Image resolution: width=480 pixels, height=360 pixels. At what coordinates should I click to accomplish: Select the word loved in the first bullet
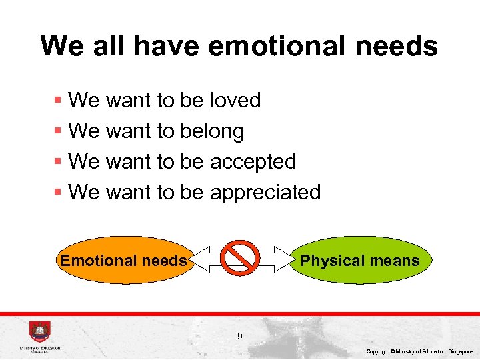click(x=235, y=101)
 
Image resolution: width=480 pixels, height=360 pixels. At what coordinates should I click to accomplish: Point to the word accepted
click(x=253, y=162)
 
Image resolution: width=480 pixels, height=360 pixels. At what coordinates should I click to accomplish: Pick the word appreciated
click(x=265, y=193)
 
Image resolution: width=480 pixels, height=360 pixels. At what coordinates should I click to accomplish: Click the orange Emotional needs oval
click(x=124, y=261)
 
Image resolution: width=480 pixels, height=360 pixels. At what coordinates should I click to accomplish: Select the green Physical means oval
click(x=360, y=261)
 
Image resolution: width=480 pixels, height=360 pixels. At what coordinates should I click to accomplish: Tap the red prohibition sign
click(x=240, y=257)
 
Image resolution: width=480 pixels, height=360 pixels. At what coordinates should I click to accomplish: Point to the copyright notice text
click(x=420, y=351)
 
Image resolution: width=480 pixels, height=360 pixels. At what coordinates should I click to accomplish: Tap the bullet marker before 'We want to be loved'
click(x=58, y=101)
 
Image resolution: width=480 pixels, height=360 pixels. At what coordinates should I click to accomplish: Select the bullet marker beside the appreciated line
click(x=58, y=193)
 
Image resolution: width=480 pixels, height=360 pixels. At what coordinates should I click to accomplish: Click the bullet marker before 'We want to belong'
click(x=58, y=131)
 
